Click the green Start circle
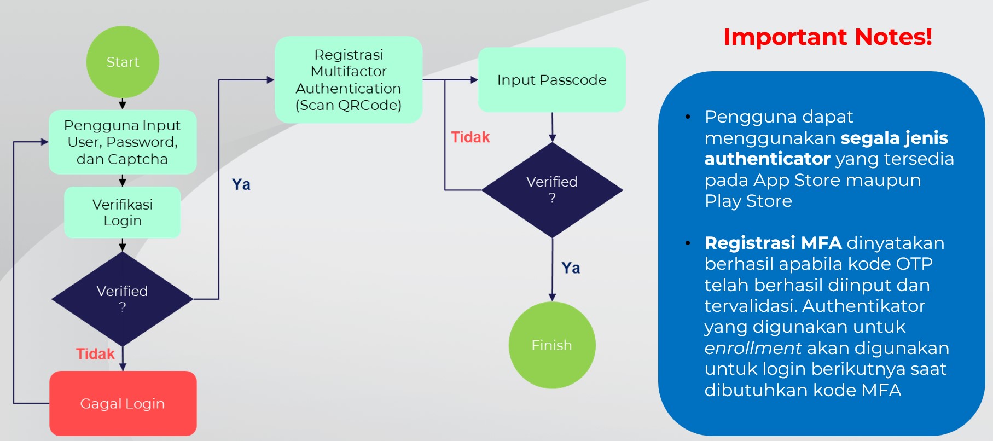click(x=123, y=62)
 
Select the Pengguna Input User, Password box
click(x=123, y=142)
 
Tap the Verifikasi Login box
click(x=123, y=212)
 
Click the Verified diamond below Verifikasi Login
click(x=123, y=299)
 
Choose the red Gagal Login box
click(x=123, y=404)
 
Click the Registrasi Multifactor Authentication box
click(x=349, y=80)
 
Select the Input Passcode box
click(x=551, y=80)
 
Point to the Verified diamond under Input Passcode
click(x=552, y=190)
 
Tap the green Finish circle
click(x=552, y=345)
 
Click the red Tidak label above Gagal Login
click(x=95, y=354)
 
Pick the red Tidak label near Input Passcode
click(x=470, y=137)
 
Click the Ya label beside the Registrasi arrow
click(x=241, y=184)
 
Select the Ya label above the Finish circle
click(x=571, y=268)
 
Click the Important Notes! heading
click(x=827, y=37)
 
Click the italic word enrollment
click(x=753, y=348)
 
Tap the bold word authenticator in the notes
click(x=767, y=159)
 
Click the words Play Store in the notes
click(x=748, y=201)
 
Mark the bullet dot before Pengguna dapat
click(x=688, y=117)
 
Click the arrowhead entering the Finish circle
click(x=552, y=297)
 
